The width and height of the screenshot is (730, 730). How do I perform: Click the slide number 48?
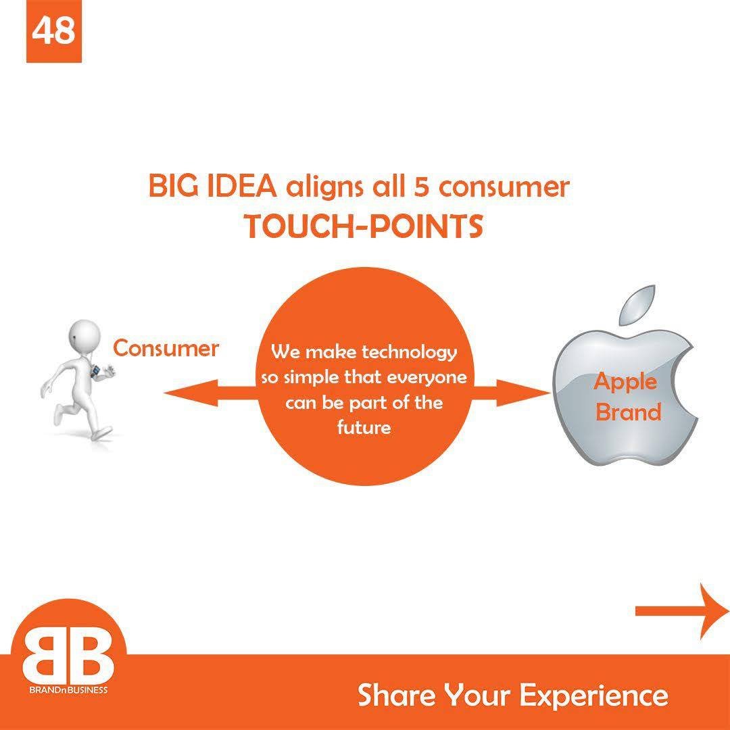pos(53,30)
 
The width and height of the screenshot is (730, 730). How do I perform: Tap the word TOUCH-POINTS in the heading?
pos(364,226)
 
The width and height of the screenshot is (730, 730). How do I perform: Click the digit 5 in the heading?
pos(421,187)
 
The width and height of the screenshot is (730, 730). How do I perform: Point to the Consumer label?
pos(166,348)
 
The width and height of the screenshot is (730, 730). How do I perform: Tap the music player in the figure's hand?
pos(95,371)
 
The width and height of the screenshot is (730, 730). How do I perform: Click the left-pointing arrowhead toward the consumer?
pos(191,393)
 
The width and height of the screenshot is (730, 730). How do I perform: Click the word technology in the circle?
pos(409,352)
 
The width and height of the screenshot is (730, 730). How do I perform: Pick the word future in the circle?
pos(364,427)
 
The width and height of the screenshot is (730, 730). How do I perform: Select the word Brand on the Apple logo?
pos(629,412)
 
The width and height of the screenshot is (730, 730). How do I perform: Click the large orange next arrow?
pos(683,611)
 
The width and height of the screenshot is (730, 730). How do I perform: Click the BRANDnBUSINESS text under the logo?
pos(68,690)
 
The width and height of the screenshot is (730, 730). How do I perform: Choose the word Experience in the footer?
pos(593,696)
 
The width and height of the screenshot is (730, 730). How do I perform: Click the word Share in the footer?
pos(397,694)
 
